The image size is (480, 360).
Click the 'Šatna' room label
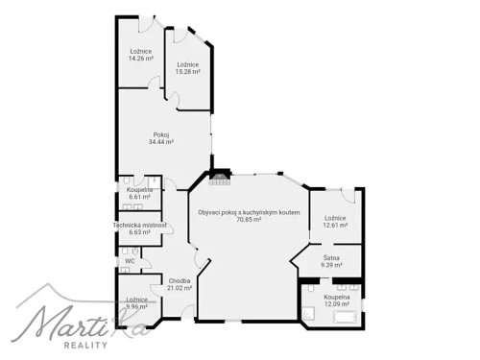click(x=330, y=257)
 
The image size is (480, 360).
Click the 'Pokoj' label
click(x=161, y=134)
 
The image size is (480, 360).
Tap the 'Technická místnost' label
click(x=140, y=225)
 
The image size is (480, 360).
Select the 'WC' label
click(x=129, y=260)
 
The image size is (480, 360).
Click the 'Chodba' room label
click(x=180, y=280)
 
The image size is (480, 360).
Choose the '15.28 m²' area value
click(x=188, y=71)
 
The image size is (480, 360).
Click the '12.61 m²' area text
click(x=335, y=226)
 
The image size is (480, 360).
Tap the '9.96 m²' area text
click(x=135, y=306)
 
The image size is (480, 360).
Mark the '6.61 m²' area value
click(x=139, y=197)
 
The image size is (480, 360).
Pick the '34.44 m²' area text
click(x=161, y=142)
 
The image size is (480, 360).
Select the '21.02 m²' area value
click(x=180, y=287)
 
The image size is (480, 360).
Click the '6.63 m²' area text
click(x=140, y=231)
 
